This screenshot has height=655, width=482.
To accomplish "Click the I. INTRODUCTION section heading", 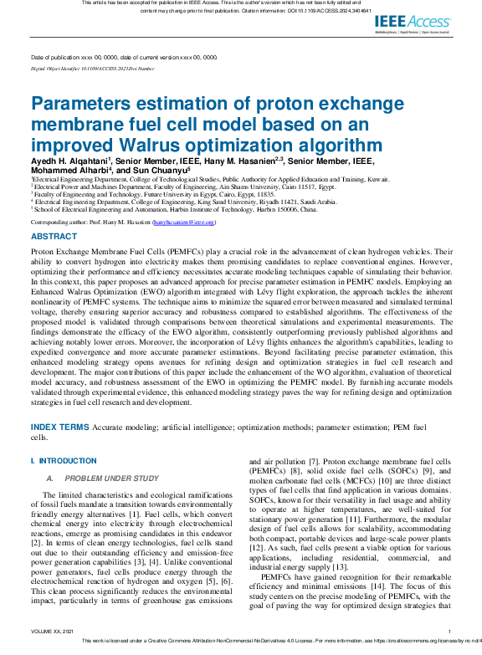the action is pyautogui.click(x=64, y=461).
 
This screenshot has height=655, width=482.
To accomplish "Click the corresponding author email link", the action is pyautogui.click(x=189, y=223).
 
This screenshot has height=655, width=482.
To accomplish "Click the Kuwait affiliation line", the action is pyautogui.click(x=189, y=179).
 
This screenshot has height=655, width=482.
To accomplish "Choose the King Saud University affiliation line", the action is pyautogui.click(x=172, y=202).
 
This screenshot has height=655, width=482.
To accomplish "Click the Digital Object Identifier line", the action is pyautogui.click(x=92, y=69).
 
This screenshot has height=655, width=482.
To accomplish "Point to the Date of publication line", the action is pyautogui.click(x=124, y=57).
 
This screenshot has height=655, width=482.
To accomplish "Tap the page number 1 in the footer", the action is pyautogui.click(x=449, y=631).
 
